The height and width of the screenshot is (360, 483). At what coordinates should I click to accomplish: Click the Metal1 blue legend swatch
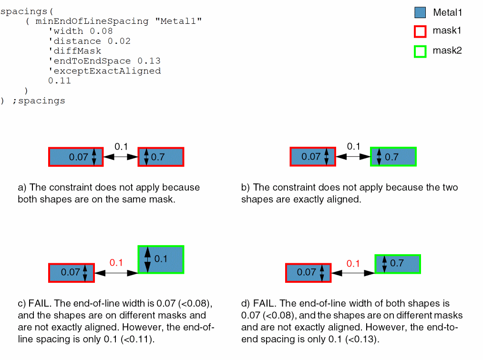point(420,13)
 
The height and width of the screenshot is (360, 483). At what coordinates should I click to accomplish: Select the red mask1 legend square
point(420,31)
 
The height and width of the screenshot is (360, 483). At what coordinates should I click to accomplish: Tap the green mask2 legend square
point(420,51)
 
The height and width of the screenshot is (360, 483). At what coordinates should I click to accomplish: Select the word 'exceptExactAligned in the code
point(104,71)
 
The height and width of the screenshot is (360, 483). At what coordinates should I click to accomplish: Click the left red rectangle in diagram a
point(75,157)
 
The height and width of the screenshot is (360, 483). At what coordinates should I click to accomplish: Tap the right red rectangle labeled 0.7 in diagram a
point(161,157)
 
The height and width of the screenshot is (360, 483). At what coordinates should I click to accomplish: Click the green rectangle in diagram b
point(393,157)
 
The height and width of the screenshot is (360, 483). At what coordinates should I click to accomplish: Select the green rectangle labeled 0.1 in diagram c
point(161,259)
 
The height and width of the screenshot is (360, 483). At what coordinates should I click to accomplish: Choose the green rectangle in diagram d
point(398,264)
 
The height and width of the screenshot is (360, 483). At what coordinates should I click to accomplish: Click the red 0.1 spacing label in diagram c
point(116,262)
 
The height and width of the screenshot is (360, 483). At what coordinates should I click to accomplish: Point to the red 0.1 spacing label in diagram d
point(353,263)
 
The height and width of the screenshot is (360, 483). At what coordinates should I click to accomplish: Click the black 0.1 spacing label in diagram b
point(353,146)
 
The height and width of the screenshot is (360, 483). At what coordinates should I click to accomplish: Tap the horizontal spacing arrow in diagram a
point(120,157)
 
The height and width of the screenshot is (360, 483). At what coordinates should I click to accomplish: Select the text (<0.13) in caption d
point(364,339)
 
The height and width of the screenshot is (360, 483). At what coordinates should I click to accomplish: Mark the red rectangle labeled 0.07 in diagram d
point(308,272)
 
